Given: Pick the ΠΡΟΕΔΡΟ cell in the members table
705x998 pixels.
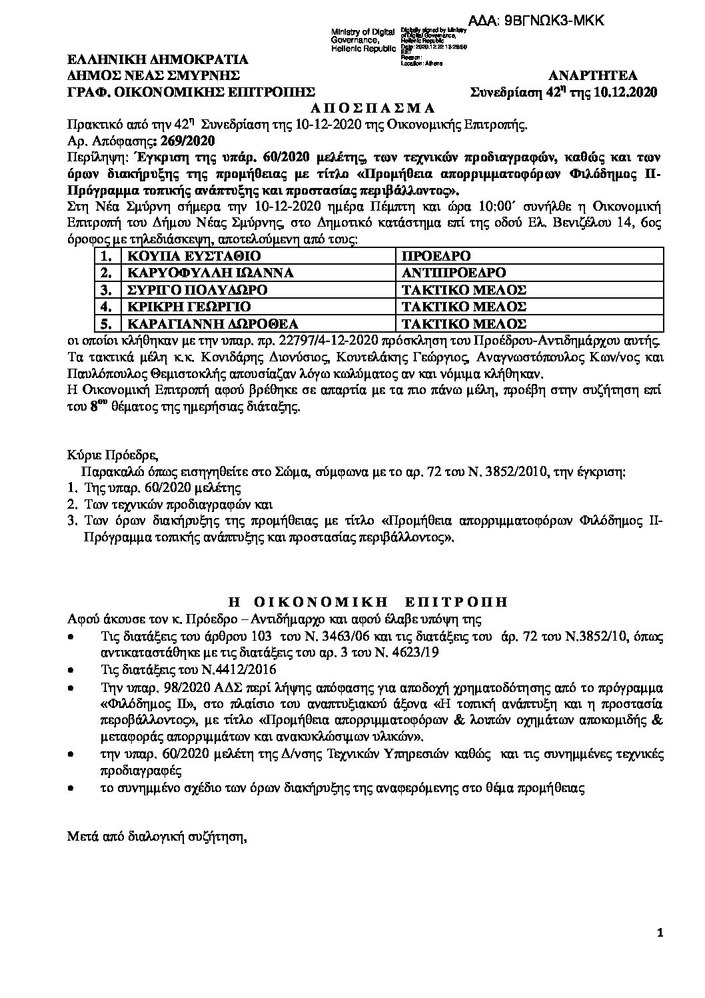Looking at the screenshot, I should (437, 256).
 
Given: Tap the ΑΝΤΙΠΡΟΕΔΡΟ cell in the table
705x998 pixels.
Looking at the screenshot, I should (454, 273).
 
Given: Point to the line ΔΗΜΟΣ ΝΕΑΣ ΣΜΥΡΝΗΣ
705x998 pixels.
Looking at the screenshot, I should (154, 75).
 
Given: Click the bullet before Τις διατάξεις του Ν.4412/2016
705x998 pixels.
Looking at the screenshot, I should (71, 669).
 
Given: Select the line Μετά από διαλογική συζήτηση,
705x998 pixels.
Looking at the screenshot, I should (157, 836).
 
